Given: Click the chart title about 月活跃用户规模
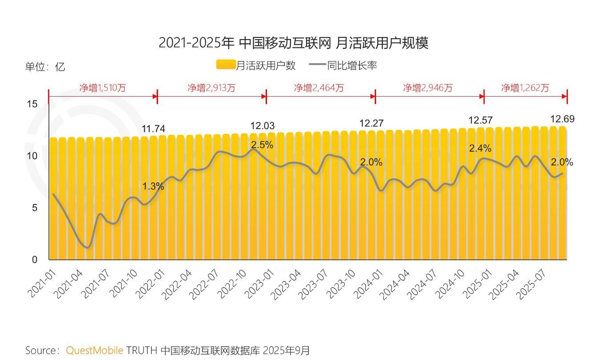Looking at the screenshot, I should (x=293, y=43).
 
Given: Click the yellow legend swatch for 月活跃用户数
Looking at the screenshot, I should (x=225, y=65).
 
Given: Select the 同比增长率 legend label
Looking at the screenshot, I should (x=352, y=65).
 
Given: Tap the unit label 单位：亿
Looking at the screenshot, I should (x=45, y=67).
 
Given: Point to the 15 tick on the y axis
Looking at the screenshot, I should (x=32, y=104).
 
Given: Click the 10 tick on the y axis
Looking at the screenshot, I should (x=32, y=156).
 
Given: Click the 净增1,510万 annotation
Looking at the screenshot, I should (x=102, y=88).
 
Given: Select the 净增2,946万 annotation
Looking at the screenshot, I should (x=428, y=88).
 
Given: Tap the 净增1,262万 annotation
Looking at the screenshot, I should (x=525, y=88).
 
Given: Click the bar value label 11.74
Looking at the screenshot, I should (x=153, y=129).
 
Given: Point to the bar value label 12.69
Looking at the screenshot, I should (x=562, y=119).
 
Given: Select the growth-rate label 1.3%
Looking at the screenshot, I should (x=153, y=187).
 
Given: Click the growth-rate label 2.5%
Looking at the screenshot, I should (x=262, y=145).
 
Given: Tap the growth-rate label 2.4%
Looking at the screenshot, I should (x=480, y=149).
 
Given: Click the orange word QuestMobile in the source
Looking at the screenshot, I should (x=94, y=350).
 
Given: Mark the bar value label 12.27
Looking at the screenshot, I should (x=371, y=123).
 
